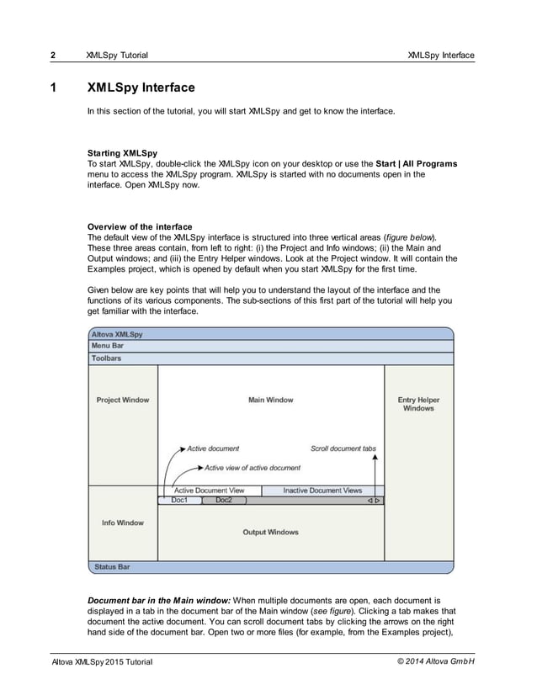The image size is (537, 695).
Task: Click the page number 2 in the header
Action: point(52,56)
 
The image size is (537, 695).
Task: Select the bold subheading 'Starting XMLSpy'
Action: point(122,153)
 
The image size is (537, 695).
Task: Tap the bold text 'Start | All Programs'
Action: point(416,163)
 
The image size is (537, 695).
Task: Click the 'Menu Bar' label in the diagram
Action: point(108,346)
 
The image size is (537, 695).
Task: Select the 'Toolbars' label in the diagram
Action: point(106,358)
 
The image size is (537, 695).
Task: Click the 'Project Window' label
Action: point(122,400)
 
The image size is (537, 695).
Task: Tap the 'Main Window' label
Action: point(270,400)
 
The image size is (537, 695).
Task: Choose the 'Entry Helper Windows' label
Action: point(418,404)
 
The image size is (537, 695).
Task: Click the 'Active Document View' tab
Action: point(209,491)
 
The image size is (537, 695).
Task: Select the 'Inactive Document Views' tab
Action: point(322,491)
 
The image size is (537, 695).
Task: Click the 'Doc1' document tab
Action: point(180,500)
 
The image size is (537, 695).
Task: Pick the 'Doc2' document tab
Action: point(224,500)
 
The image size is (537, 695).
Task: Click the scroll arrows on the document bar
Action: point(374,501)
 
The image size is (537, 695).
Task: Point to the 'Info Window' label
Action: point(122,523)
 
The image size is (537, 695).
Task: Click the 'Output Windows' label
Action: point(270,532)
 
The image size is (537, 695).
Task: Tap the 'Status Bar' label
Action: point(112,567)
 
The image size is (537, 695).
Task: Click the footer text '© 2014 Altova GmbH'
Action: point(435,662)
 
